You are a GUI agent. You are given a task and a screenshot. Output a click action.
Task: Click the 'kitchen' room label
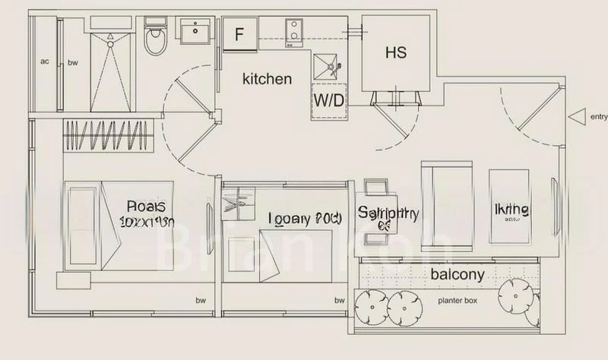[267, 78]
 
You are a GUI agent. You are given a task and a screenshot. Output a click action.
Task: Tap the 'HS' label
[395, 52]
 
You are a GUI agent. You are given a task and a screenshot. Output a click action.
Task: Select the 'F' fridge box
[239, 34]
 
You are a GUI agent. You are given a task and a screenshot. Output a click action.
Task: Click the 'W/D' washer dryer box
[328, 99]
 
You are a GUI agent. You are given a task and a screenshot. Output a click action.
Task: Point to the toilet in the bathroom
[154, 39]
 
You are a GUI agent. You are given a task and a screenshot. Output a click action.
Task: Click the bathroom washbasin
[197, 31]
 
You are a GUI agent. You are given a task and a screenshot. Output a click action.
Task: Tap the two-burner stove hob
[293, 30]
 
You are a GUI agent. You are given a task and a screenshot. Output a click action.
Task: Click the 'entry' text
[598, 116]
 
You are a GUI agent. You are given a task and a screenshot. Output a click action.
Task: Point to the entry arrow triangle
[578, 116]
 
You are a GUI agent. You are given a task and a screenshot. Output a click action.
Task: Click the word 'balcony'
[458, 274]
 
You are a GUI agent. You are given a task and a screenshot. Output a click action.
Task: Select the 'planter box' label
[457, 300]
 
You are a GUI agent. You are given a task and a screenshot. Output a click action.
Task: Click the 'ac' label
[45, 62]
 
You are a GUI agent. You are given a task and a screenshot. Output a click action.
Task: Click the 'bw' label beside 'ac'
[72, 62]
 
